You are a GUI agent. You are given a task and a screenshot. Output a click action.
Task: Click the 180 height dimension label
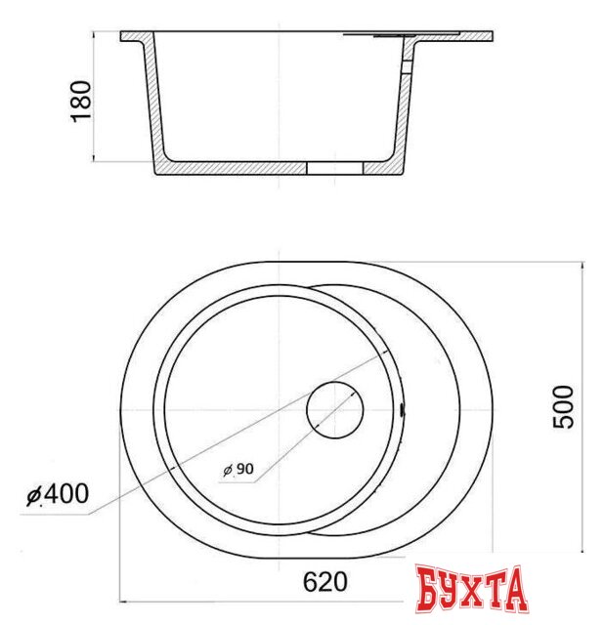82,100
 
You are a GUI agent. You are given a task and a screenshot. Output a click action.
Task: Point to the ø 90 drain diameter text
238,470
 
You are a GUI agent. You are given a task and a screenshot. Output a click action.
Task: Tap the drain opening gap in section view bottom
334,169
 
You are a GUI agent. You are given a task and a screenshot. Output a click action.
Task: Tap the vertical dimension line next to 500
583,410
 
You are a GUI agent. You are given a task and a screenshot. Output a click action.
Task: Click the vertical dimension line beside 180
94,98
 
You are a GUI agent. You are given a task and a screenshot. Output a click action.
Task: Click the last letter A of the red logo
514,589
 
